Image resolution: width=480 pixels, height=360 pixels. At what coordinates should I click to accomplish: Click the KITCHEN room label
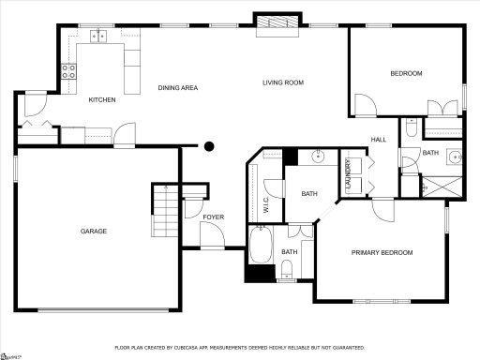pos(102,99)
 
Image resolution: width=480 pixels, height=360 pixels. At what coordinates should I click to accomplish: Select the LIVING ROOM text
pos(282,82)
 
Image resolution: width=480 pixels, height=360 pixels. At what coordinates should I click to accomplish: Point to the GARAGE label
pos(93,231)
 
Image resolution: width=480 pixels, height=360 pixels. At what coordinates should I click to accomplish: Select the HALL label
pos(379,140)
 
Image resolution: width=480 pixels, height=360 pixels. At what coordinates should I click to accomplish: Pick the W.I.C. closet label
pos(267,202)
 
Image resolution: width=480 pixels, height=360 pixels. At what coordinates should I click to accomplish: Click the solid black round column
pos(210,145)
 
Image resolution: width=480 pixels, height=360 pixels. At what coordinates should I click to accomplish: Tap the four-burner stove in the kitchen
pos(68,68)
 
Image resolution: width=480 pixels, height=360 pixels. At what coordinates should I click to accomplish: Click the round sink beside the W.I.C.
pos(318,157)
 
